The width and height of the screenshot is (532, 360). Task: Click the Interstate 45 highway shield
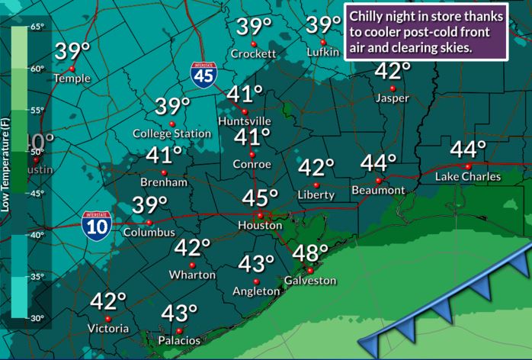(x=203, y=76)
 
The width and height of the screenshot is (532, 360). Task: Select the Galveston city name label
(x=309, y=281)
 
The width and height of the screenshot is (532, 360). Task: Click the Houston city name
(x=260, y=227)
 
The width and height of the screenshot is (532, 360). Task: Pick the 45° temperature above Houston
(x=260, y=198)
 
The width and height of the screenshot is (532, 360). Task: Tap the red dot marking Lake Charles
(x=468, y=166)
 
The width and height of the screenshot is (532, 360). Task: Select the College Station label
(x=171, y=134)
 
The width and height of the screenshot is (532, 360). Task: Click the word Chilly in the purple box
(x=369, y=15)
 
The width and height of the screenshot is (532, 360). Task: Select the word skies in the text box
(x=455, y=47)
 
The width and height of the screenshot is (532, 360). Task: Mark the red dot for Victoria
(x=108, y=319)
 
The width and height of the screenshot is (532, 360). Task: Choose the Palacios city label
(x=179, y=342)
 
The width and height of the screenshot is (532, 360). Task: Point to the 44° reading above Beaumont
(x=379, y=163)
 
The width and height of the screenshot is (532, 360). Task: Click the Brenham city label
(x=164, y=183)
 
